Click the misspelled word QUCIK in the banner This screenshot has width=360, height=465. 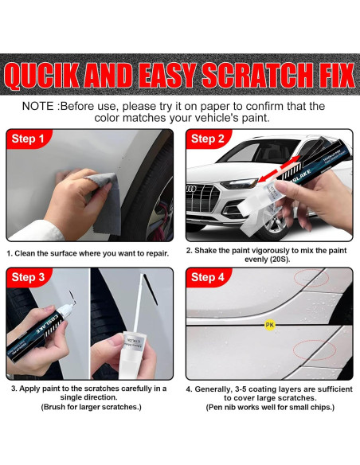(x=42, y=76)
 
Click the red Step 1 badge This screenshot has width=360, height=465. (x=28, y=139)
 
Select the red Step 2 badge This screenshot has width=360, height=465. (x=208, y=139)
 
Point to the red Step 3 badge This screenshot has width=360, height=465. (x=28, y=277)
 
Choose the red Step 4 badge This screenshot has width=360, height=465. (x=208, y=277)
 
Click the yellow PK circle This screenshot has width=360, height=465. (x=269, y=325)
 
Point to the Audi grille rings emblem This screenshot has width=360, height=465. (x=191, y=189)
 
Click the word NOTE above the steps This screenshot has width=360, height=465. (x=38, y=106)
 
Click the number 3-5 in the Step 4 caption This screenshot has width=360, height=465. (x=241, y=389)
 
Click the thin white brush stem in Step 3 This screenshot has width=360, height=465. (x=139, y=303)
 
